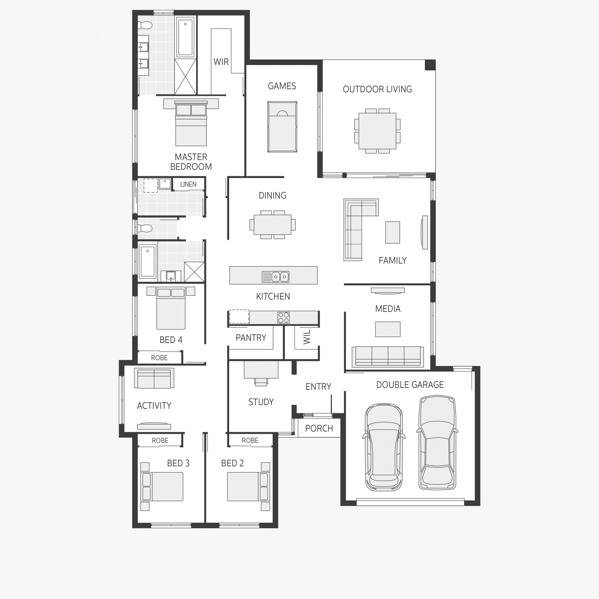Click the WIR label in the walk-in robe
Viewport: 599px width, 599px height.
(x=221, y=62)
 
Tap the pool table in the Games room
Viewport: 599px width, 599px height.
(x=282, y=127)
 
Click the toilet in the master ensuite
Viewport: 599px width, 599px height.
(x=145, y=25)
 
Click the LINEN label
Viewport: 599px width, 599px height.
(x=188, y=184)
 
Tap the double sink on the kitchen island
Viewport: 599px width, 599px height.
(x=280, y=276)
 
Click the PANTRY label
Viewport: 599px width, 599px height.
(x=251, y=338)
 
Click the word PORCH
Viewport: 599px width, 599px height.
(x=319, y=428)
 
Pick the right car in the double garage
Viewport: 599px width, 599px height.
(x=437, y=443)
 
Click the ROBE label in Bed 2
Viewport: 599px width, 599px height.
(x=250, y=440)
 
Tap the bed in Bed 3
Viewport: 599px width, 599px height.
(x=162, y=486)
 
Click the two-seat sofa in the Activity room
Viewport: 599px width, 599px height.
(x=154, y=378)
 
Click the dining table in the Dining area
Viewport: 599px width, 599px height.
(x=272, y=224)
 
